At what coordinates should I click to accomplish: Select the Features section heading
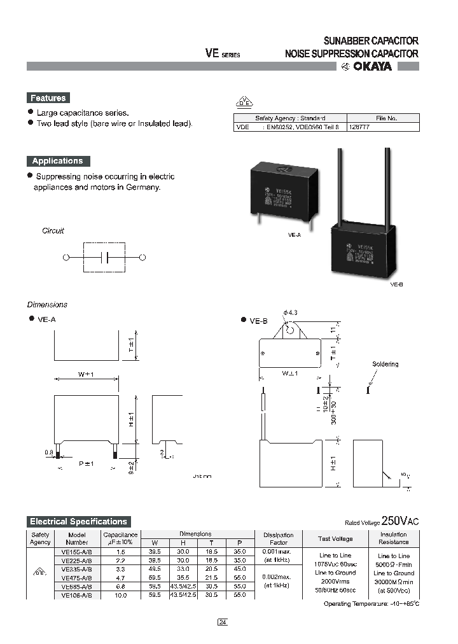48,98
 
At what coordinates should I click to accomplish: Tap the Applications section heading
58,161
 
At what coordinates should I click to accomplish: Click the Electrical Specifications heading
79,521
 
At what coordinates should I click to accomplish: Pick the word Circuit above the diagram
53,231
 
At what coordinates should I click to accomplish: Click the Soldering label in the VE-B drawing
385,364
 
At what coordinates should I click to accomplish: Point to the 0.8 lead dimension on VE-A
49,453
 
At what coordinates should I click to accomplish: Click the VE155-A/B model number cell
77,552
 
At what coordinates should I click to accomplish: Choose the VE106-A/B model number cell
77,595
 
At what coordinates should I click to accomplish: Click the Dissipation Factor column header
278,538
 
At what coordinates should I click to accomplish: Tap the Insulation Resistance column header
394,538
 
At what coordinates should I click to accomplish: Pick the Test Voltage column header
336,538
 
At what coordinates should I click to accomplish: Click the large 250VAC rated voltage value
399,521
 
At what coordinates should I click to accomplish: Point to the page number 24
222,622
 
